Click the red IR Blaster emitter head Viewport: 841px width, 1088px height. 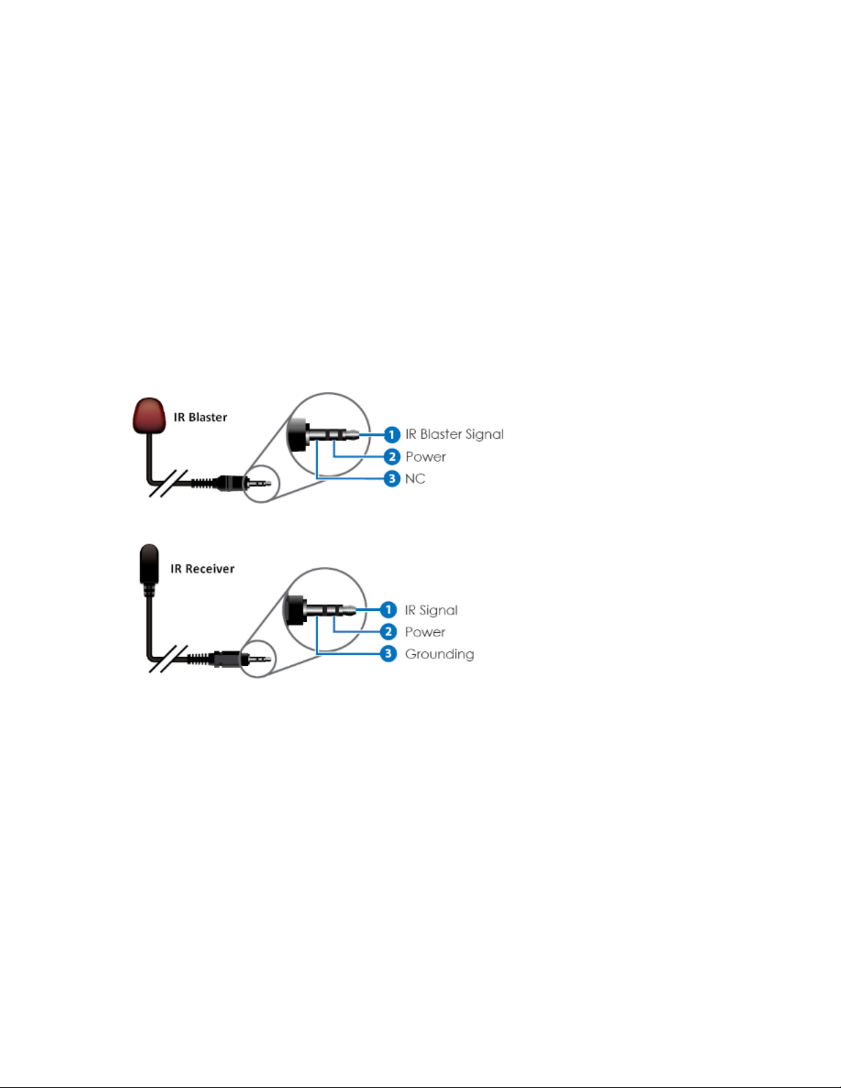pyautogui.click(x=149, y=415)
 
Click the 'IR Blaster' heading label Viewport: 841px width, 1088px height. pyautogui.click(x=200, y=417)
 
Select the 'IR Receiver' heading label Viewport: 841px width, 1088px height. pyautogui.click(x=203, y=569)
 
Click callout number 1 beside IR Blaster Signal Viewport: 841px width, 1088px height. pyautogui.click(x=391, y=435)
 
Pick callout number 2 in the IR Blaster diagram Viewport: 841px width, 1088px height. pyautogui.click(x=391, y=456)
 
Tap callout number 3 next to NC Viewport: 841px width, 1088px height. pyautogui.click(x=391, y=478)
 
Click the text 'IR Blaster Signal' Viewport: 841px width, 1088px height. pyautogui.click(x=454, y=435)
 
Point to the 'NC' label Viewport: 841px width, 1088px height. pyautogui.click(x=415, y=478)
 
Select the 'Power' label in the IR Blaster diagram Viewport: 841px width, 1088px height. pyautogui.click(x=426, y=456)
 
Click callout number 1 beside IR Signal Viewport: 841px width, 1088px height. pyautogui.click(x=389, y=610)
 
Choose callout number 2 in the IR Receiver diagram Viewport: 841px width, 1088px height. pyautogui.click(x=389, y=632)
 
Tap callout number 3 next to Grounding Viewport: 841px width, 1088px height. pyautogui.click(x=389, y=653)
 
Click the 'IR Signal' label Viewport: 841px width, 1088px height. pyautogui.click(x=431, y=610)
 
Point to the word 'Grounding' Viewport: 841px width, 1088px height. pyautogui.click(x=439, y=654)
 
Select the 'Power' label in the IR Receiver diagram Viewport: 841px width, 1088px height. pyautogui.click(x=425, y=632)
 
